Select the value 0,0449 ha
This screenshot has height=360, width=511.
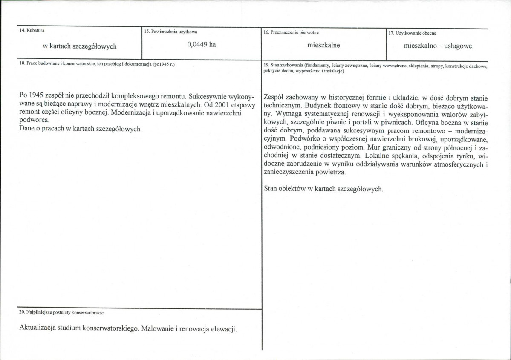(201, 45)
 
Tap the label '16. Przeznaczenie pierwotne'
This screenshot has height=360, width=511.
(291, 32)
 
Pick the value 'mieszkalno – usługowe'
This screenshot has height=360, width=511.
(437, 46)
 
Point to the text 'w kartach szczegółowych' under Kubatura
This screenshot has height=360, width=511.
(80, 46)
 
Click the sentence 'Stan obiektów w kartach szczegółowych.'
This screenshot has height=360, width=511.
(323, 189)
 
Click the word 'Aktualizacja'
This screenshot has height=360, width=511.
(39, 329)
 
